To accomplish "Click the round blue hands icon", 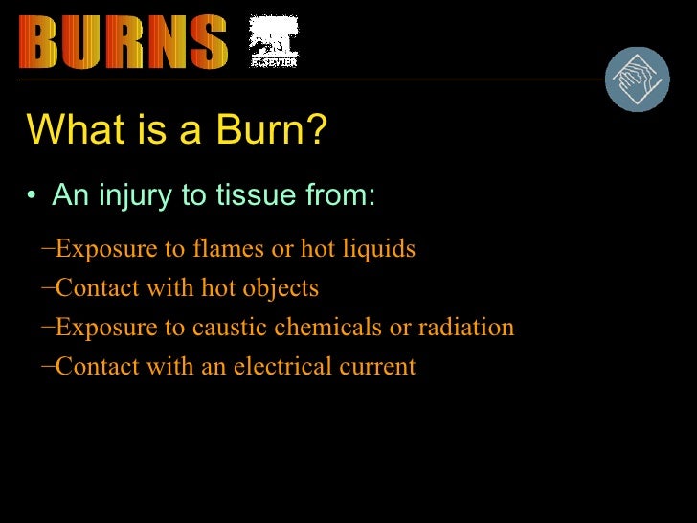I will click(x=638, y=80).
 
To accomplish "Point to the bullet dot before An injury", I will click(x=33, y=197).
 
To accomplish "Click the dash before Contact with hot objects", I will click(x=48, y=287).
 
